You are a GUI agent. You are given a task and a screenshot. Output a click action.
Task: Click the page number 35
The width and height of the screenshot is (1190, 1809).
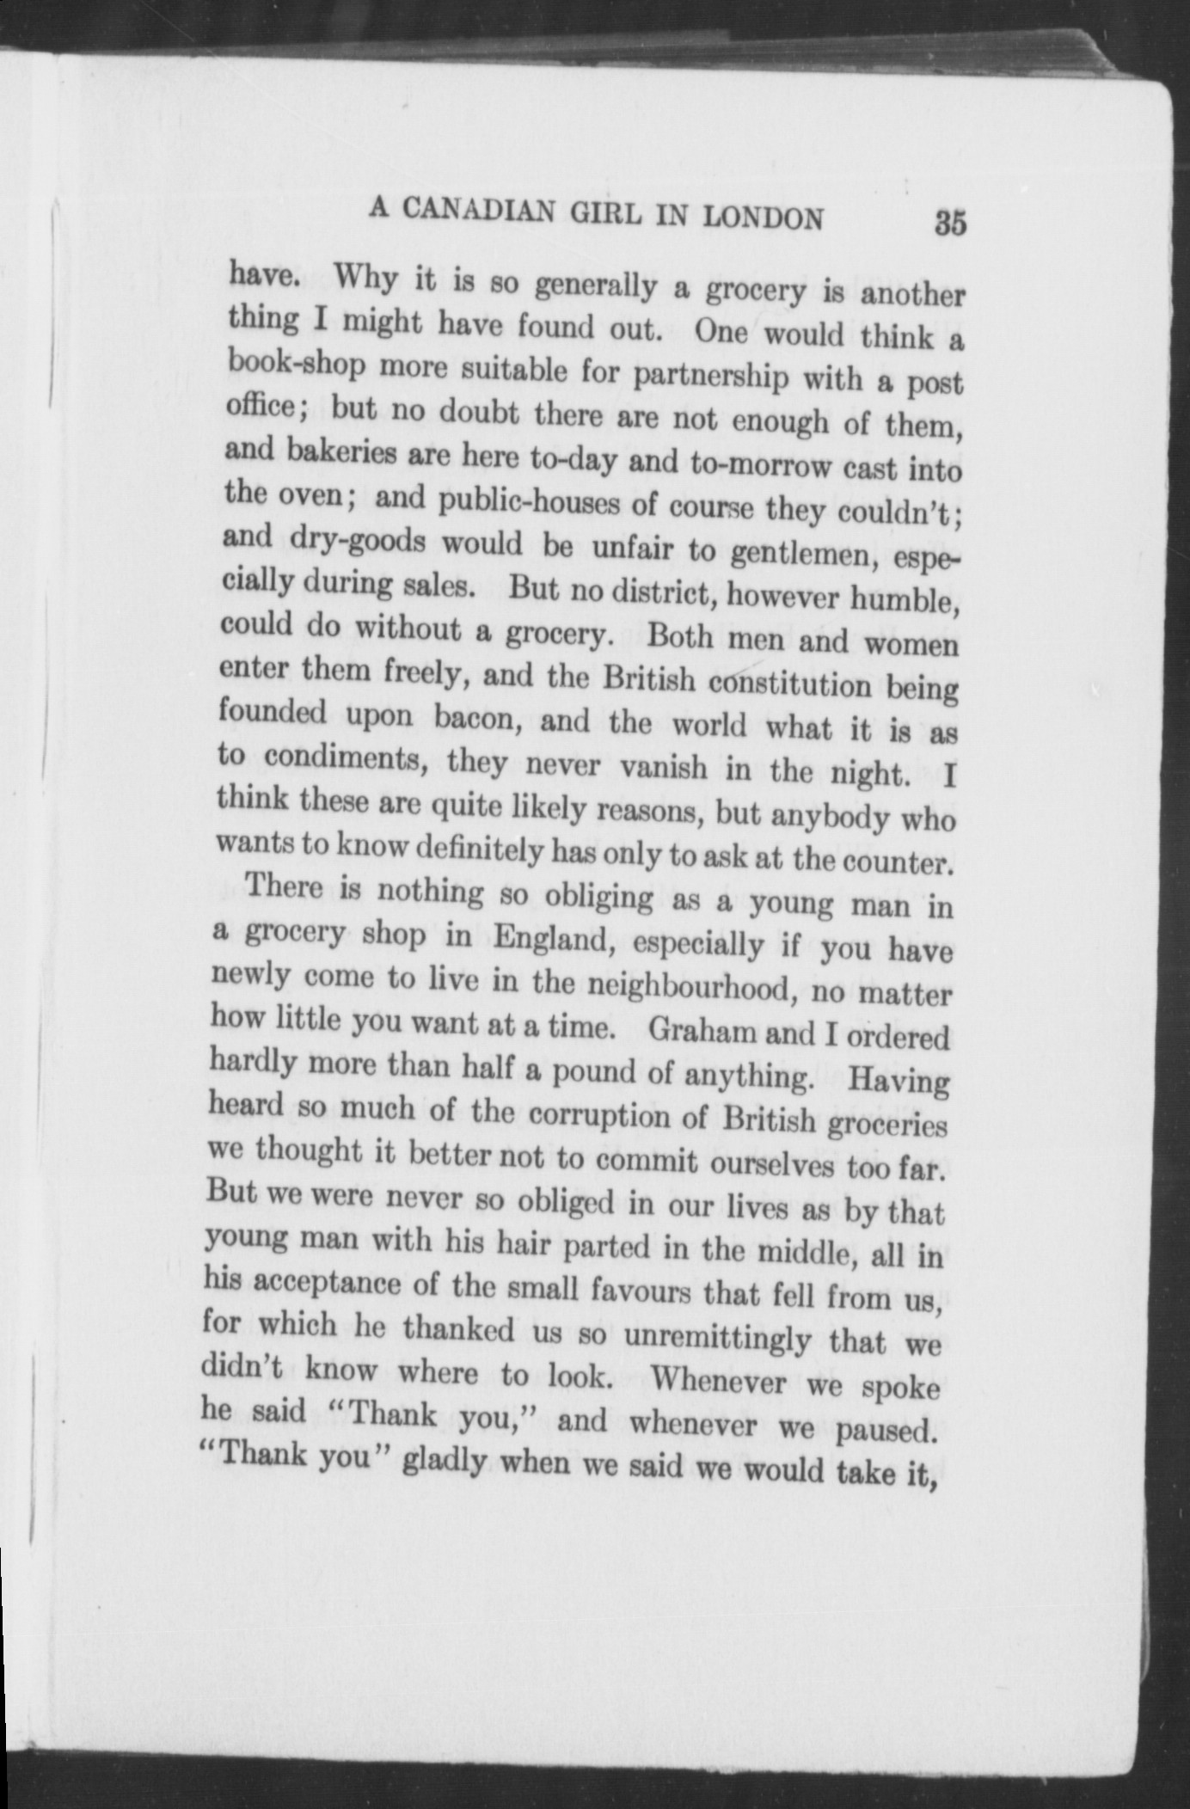(950, 224)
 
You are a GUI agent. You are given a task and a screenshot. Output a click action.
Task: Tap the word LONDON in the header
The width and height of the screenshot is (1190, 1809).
(763, 218)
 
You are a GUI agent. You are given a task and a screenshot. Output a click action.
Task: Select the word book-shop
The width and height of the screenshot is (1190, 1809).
(297, 365)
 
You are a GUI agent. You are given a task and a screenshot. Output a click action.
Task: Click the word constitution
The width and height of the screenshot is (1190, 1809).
(791, 684)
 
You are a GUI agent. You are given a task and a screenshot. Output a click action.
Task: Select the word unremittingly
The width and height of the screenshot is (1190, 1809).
(718, 1338)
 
